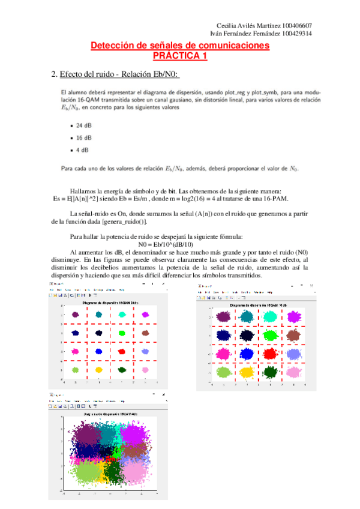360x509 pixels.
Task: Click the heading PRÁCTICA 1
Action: click(x=179, y=55)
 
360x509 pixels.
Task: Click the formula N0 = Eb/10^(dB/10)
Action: click(x=180, y=244)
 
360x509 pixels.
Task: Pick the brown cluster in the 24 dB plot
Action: click(x=145, y=333)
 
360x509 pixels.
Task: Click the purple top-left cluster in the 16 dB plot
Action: click(x=223, y=316)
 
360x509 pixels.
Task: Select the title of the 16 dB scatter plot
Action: click(x=259, y=305)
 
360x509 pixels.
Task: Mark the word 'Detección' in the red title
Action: click(x=112, y=46)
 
